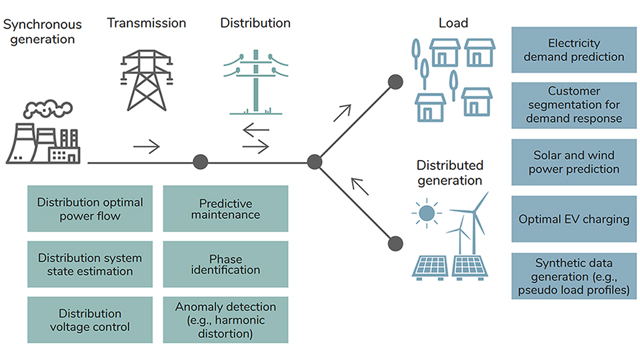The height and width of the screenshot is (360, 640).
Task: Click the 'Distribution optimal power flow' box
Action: tap(90, 209)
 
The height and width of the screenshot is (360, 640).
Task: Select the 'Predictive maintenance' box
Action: tap(225, 209)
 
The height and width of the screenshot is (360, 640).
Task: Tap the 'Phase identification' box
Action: tap(225, 264)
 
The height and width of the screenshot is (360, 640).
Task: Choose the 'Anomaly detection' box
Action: tap(225, 320)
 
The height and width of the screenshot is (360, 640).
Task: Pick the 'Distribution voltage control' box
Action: tap(90, 320)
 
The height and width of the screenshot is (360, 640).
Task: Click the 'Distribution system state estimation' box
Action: tap(90, 264)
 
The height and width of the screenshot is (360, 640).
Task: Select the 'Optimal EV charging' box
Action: tap(573, 219)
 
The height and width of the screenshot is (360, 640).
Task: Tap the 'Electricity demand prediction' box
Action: tap(573, 50)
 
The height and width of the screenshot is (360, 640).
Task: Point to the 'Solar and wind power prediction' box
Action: tap(573, 162)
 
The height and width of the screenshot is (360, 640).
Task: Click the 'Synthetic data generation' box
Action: tap(573, 275)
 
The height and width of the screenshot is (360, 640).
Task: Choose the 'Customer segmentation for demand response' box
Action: tap(573, 105)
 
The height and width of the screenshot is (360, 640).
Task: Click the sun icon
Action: tap(427, 213)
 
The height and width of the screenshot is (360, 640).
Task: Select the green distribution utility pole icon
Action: tap(256, 80)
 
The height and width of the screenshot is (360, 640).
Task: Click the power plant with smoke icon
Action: tap(43, 133)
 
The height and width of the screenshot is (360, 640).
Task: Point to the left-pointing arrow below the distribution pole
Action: tap(255, 130)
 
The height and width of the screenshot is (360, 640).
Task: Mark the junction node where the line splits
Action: tap(315, 162)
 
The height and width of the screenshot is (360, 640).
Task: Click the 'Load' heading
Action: tap(453, 23)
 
